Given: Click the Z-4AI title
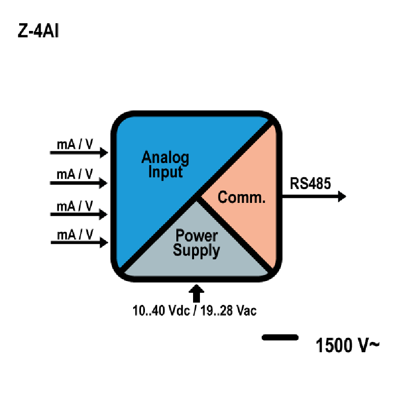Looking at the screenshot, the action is tap(38, 31).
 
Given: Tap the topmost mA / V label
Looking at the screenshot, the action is tap(75, 144).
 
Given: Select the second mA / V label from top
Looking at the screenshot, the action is tap(75, 174).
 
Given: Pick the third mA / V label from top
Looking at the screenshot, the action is tap(75, 206).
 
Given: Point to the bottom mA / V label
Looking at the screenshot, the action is tap(75, 235).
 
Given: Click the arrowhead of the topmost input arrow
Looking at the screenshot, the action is tap(104, 152).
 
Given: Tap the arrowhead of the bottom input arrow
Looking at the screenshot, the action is tap(104, 242).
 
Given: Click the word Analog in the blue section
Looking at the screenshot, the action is tap(165, 158).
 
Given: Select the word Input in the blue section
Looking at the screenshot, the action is tap(166, 172).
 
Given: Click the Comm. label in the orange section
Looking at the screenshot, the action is tap(241, 197).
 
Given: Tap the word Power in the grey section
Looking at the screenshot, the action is tap(196, 236).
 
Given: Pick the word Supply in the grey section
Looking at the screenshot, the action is tap(196, 251).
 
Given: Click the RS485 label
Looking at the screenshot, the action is tap(310, 183).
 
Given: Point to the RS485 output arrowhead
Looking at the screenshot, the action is tap(342, 196).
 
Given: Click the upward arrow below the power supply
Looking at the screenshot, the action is tap(196, 293).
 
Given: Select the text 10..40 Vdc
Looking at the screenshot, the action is tap(161, 310).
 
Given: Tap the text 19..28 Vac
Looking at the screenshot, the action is tap(228, 310).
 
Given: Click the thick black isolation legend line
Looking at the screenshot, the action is tap(280, 337).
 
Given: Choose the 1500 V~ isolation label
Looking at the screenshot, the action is tap(347, 345).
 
